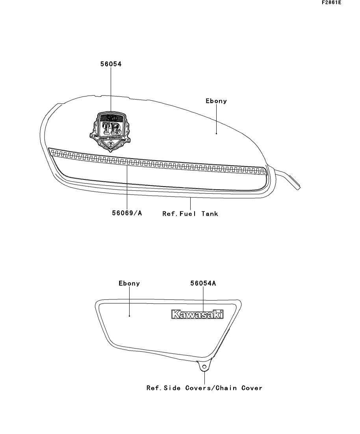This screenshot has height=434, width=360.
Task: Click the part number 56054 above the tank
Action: [x=111, y=64]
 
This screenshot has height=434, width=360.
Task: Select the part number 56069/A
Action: [x=126, y=214]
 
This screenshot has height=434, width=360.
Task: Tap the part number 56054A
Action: [x=203, y=283]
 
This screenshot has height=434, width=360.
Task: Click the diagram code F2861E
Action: [x=331, y=3]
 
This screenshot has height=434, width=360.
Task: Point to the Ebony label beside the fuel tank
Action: [x=216, y=101]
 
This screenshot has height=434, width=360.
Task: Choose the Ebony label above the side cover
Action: [x=129, y=283]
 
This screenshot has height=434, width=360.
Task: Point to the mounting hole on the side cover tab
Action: [x=204, y=367]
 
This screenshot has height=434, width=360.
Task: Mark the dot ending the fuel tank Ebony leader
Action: [x=217, y=133]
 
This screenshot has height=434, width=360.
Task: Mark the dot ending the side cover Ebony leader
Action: [x=130, y=316]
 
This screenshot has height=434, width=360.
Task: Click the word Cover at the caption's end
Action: [x=252, y=388]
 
